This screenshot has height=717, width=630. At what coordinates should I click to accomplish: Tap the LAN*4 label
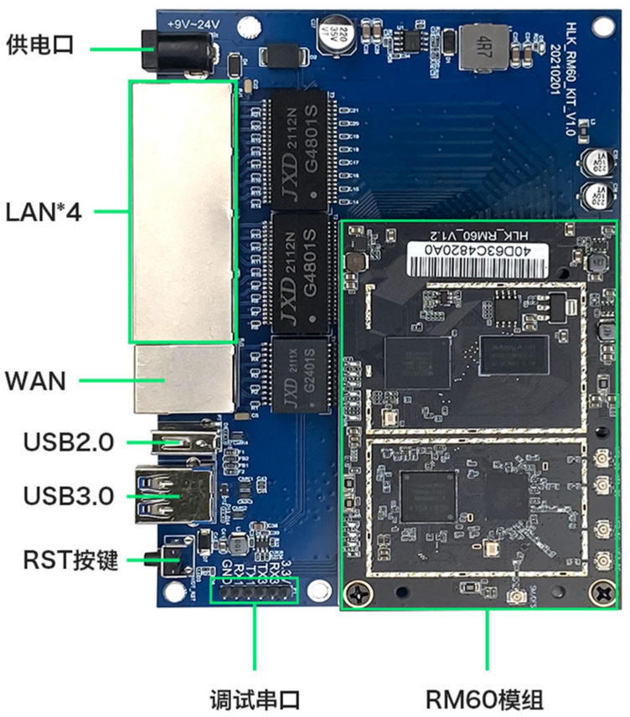pyautogui.click(x=44, y=212)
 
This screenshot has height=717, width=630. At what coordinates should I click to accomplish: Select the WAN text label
pyautogui.click(x=35, y=381)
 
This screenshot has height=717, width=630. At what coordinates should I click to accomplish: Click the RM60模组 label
pyautogui.click(x=485, y=698)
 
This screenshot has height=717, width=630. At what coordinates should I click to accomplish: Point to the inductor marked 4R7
pyautogui.click(x=483, y=46)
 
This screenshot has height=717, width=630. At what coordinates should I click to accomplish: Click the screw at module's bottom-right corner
pyautogui.click(x=602, y=593)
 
